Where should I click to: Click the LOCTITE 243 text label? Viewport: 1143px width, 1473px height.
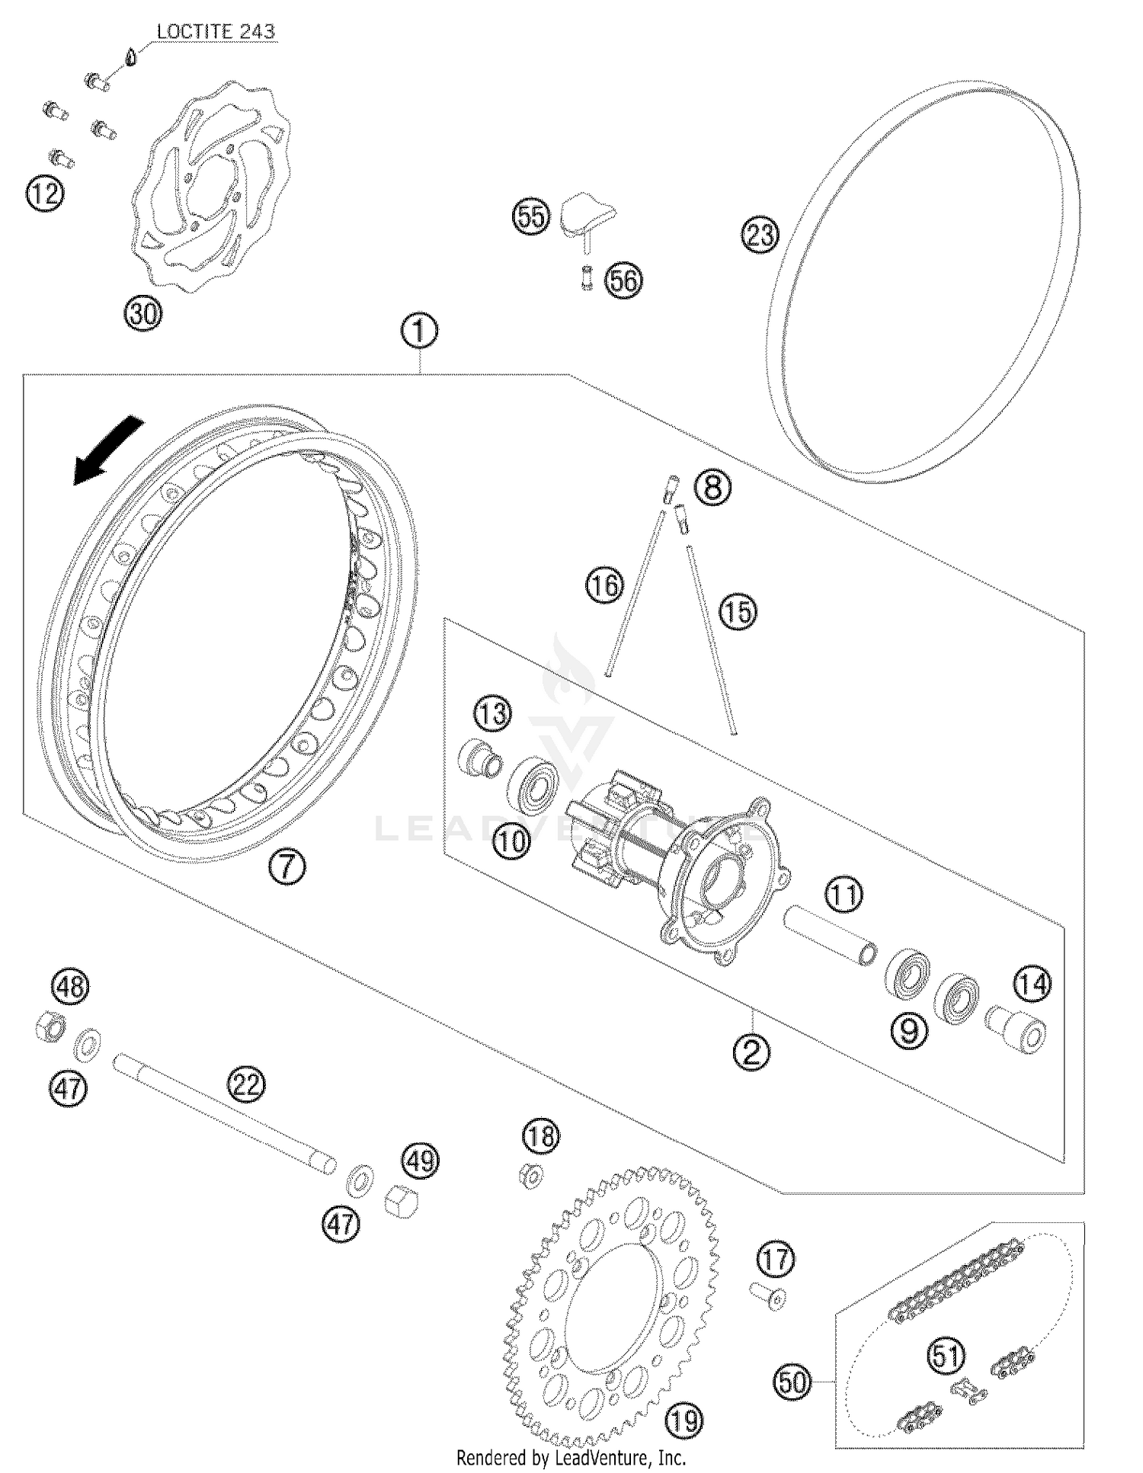click(216, 33)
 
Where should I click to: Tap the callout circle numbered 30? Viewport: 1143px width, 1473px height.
click(143, 313)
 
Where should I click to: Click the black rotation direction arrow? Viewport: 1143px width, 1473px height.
click(107, 451)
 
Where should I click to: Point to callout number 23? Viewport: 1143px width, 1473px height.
click(760, 235)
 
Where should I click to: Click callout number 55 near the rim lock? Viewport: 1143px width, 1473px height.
click(530, 217)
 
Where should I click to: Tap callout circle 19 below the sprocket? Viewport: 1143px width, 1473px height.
click(684, 1420)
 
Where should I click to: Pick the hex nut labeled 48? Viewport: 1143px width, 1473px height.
click(50, 1026)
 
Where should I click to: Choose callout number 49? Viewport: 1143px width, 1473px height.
click(421, 1161)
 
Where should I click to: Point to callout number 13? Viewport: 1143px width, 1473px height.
click(492, 714)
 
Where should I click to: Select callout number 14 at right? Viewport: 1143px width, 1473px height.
click(1032, 984)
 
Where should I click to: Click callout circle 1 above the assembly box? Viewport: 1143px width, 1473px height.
click(419, 331)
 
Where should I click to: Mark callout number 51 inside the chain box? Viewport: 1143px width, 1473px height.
click(946, 1356)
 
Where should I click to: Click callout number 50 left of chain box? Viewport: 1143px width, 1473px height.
click(793, 1381)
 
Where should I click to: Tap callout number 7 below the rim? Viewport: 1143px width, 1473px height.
click(287, 866)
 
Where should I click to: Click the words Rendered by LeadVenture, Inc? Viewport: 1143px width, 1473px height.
click(571, 1458)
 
